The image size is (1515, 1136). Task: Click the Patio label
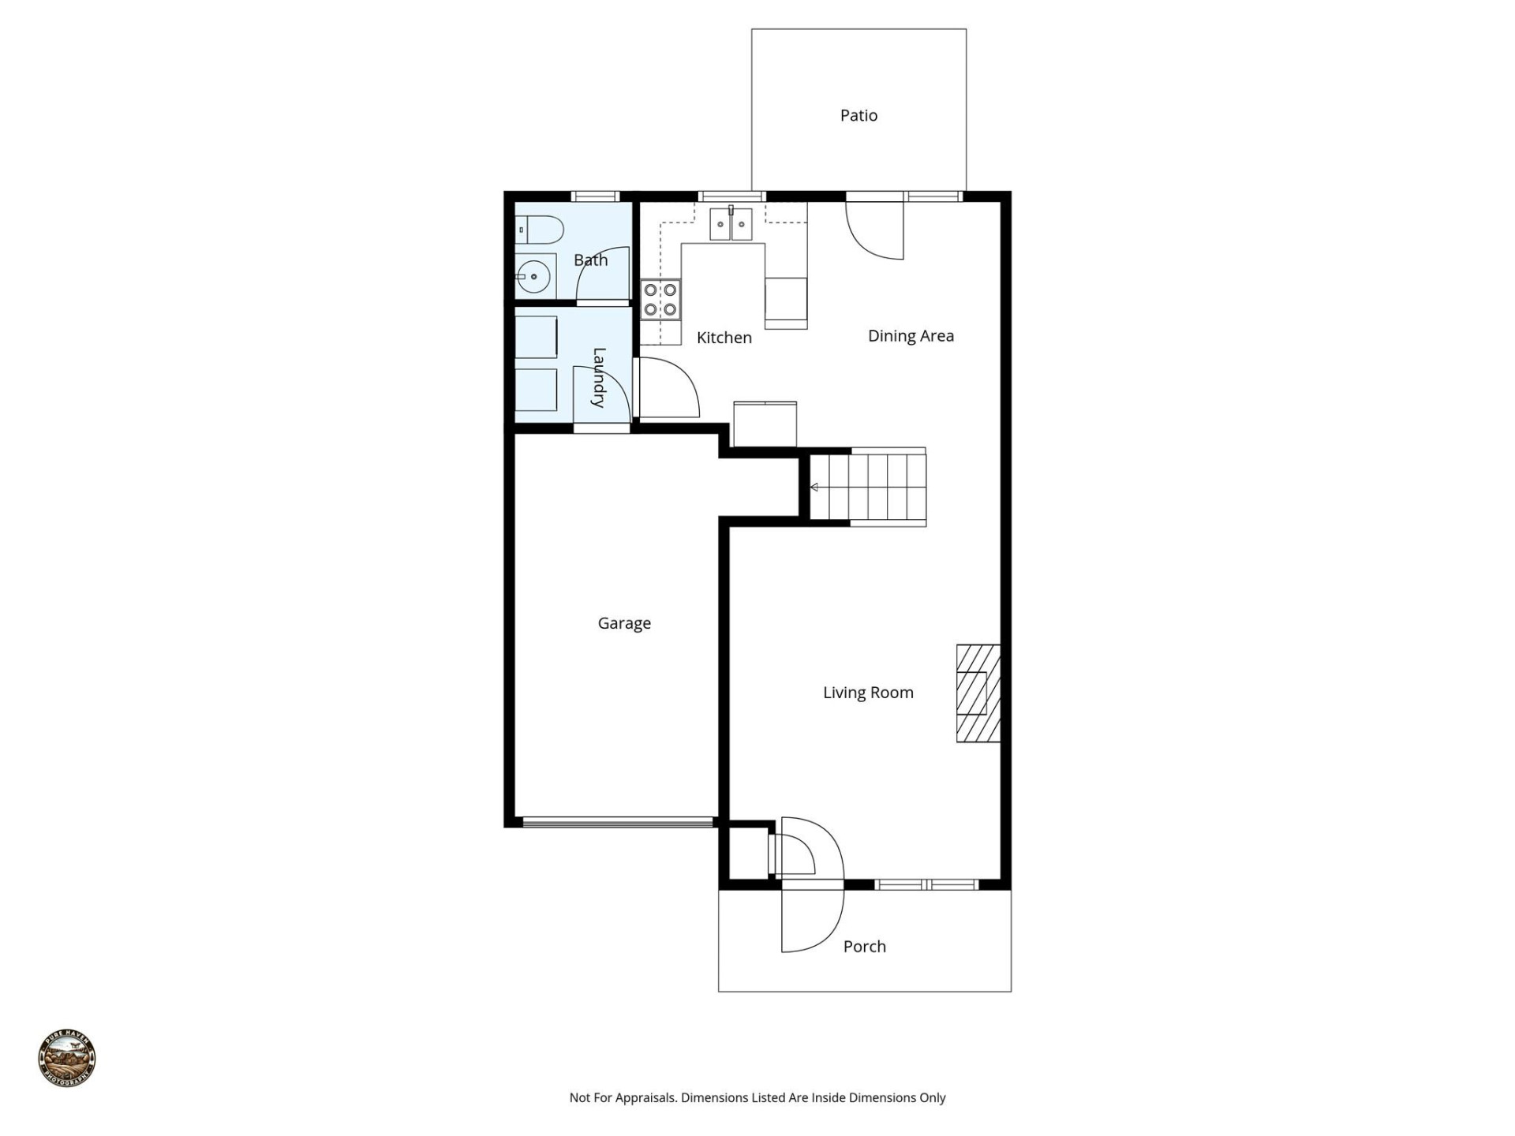click(x=858, y=116)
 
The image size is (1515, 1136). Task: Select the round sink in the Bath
click(x=535, y=277)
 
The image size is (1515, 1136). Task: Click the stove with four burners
click(x=660, y=300)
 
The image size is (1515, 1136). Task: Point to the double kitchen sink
click(x=731, y=224)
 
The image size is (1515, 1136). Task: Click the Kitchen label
click(x=724, y=338)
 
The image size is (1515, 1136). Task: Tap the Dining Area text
click(x=911, y=336)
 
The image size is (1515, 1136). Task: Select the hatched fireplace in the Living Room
click(x=978, y=693)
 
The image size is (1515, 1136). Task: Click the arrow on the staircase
click(x=814, y=488)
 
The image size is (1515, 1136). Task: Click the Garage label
click(x=624, y=623)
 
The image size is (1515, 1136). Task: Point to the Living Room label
click(x=868, y=693)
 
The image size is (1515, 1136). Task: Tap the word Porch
click(x=864, y=947)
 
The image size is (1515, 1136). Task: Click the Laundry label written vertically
click(x=599, y=377)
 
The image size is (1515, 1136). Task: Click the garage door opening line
click(x=618, y=823)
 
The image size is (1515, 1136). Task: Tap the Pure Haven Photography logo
click(x=67, y=1059)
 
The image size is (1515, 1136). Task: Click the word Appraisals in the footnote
click(x=645, y=1097)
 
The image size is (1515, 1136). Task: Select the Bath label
click(x=590, y=260)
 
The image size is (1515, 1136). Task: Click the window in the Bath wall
click(x=594, y=196)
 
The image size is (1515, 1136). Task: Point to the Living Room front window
click(x=927, y=885)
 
